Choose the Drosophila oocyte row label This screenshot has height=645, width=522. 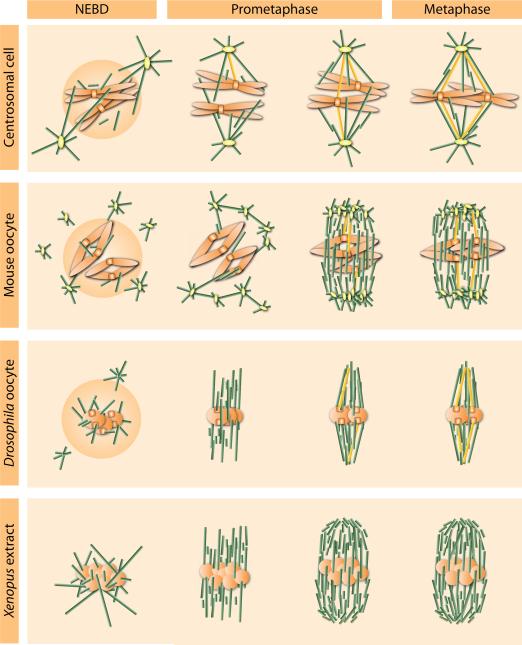point(12,410)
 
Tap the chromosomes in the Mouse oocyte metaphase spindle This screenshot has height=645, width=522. point(457,253)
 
